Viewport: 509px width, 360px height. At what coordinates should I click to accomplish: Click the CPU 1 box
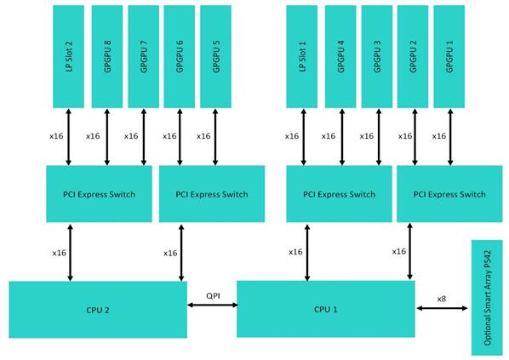pos(326,309)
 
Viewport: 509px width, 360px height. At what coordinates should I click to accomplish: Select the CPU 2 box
pos(98,310)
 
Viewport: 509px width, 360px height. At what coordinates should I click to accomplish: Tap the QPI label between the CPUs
pos(213,295)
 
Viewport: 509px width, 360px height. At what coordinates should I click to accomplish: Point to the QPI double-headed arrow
pos(213,305)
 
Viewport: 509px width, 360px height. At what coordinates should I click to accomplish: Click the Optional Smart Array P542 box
pos(487,298)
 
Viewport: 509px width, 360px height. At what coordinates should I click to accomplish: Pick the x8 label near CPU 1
pos(441,299)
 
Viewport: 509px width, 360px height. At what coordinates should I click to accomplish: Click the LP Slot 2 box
pos(68,56)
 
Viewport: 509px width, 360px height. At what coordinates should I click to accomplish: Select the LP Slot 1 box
pos(302,56)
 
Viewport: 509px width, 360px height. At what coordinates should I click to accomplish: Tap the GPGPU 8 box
pos(107,56)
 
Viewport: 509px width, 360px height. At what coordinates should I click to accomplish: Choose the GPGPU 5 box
pos(216,56)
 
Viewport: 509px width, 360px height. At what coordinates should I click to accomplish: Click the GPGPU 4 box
pos(340,56)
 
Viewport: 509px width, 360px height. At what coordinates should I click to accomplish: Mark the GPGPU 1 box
pos(449,56)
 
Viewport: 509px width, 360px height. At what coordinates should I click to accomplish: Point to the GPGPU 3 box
pos(377,56)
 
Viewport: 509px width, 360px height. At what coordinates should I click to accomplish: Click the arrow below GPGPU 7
pos(144,137)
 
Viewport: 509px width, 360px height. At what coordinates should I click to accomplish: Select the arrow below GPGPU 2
pos(415,137)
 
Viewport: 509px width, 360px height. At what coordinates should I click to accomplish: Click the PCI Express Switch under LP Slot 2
pos(99,194)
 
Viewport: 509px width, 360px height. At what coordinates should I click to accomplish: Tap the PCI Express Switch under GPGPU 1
pos(449,194)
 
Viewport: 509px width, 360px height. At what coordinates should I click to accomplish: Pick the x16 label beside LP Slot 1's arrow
pos(292,136)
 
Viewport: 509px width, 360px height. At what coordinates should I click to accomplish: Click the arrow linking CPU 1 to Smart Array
pos(442,308)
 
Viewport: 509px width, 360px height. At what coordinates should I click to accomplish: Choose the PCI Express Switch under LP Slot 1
pos(339,194)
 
